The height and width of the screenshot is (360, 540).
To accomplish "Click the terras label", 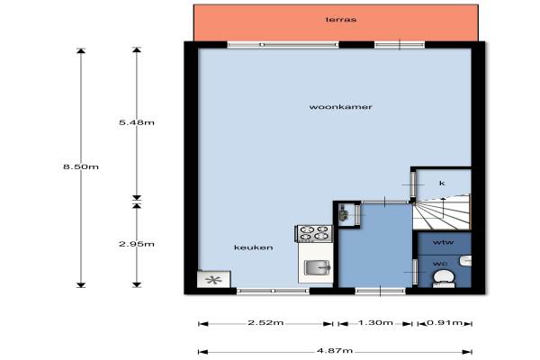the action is [x=341, y=19].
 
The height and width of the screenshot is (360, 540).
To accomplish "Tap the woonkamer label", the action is [x=340, y=107].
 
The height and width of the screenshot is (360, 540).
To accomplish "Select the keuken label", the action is [x=254, y=247].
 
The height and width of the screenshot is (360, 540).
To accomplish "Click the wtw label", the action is [x=443, y=242].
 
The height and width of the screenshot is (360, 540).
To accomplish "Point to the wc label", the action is [x=440, y=264].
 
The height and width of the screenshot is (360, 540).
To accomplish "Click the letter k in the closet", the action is [x=442, y=183].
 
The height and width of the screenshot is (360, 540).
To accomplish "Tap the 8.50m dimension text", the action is [x=81, y=166].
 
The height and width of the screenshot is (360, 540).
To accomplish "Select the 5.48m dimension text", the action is [x=137, y=122].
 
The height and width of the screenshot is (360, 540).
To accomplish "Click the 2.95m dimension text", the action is [x=137, y=244].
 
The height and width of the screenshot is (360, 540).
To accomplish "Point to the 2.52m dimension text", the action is [x=265, y=322].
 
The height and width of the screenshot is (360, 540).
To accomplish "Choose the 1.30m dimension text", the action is [x=375, y=322].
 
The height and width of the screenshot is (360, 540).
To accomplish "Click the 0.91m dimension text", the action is [x=445, y=322].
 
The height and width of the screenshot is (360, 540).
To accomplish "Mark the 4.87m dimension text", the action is [x=335, y=351].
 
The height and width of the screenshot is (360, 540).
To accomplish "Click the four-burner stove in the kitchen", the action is [x=314, y=233].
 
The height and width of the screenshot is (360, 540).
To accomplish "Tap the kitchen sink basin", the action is [x=317, y=267].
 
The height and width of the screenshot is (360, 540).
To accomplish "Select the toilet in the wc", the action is [x=443, y=278].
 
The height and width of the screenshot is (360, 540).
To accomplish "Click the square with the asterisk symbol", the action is [x=213, y=279].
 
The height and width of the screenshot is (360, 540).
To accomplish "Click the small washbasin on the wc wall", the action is [x=465, y=260].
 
